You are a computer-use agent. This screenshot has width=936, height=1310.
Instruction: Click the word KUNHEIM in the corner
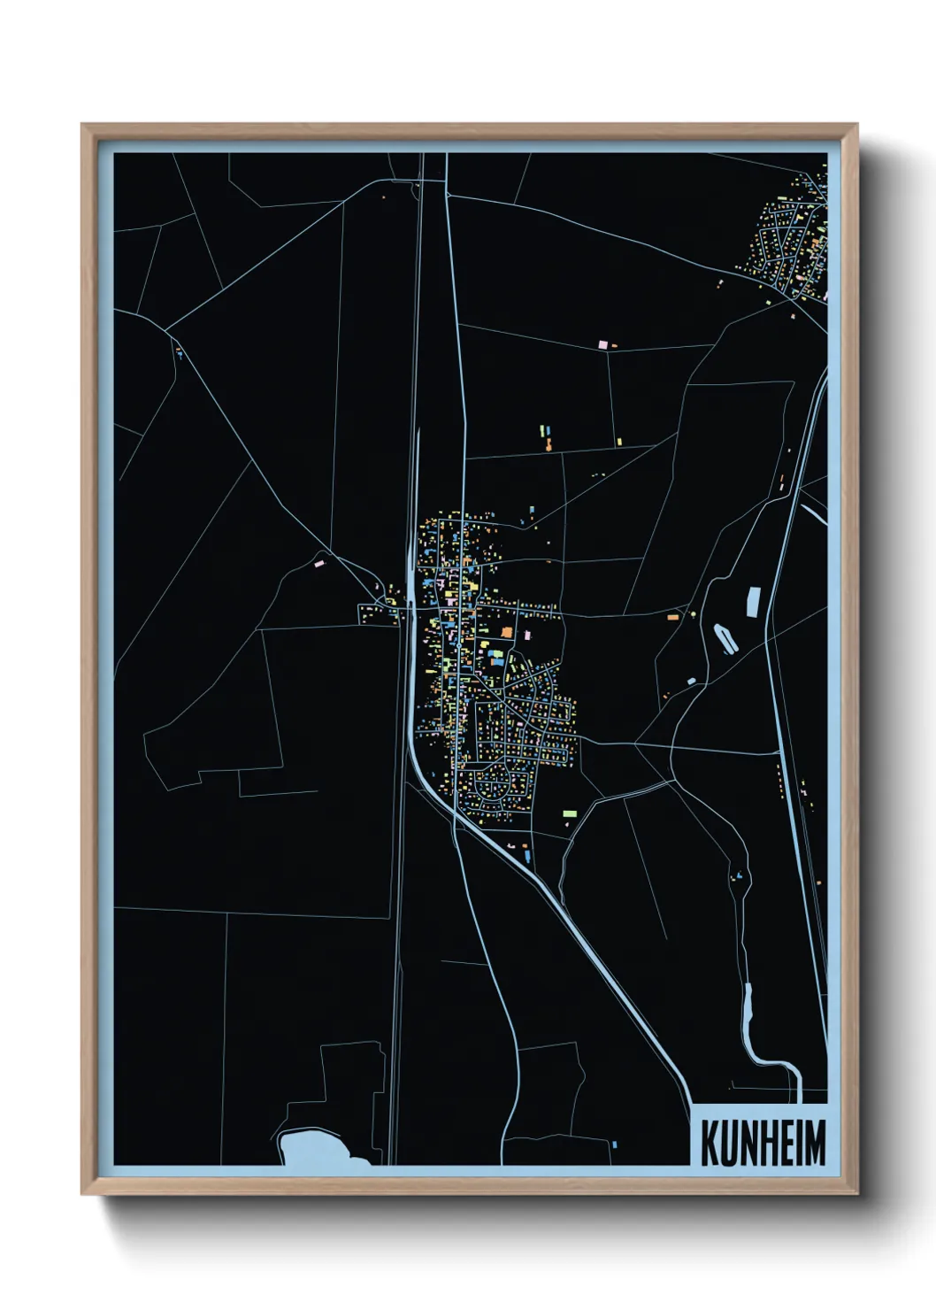(x=763, y=1143)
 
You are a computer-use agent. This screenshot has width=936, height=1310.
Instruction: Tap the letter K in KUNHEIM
(x=710, y=1143)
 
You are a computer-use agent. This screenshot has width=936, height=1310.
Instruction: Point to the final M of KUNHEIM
(x=814, y=1143)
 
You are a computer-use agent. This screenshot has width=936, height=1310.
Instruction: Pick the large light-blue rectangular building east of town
(x=754, y=601)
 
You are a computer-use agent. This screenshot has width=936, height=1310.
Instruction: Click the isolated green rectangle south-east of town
(x=570, y=812)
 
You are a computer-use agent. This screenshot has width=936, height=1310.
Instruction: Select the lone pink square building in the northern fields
(x=603, y=343)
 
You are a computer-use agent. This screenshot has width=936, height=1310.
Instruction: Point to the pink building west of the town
(x=320, y=561)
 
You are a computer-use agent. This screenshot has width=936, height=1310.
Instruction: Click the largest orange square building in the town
(x=507, y=631)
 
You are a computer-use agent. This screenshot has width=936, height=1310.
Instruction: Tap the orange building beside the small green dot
(x=672, y=615)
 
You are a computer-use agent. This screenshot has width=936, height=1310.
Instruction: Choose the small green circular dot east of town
(x=693, y=613)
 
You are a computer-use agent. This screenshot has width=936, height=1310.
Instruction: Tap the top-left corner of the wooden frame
(x=84, y=127)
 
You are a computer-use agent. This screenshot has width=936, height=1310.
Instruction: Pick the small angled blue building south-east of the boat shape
(x=691, y=680)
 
